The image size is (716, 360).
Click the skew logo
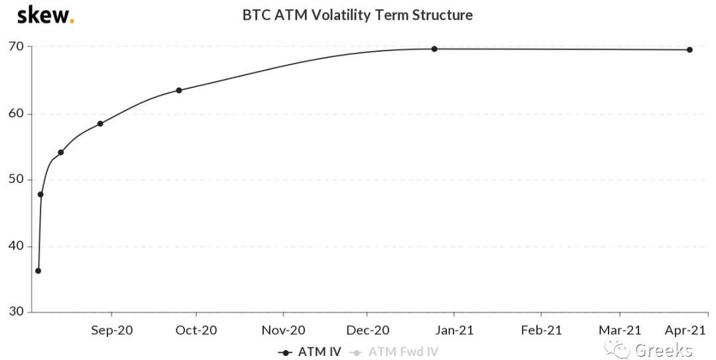(45, 15)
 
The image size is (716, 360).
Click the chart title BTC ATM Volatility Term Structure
(357, 15)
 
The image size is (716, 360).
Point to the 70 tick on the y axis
(16, 47)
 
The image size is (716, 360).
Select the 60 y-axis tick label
(16, 113)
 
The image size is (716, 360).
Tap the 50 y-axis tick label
(16, 180)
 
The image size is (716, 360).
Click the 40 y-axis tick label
(16, 246)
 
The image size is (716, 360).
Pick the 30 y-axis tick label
(16, 312)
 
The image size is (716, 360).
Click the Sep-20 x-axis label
(111, 330)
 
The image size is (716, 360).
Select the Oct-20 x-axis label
(196, 330)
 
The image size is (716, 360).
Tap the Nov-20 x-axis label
(283, 330)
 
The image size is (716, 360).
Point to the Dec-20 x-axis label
(368, 330)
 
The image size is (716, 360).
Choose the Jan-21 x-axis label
(454, 330)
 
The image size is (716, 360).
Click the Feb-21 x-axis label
(541, 330)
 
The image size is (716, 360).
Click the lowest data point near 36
(38, 270)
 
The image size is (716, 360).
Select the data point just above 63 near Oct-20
(179, 90)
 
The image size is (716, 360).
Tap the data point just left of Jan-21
(434, 49)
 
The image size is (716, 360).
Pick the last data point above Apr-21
(689, 50)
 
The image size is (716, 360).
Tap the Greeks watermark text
(663, 350)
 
